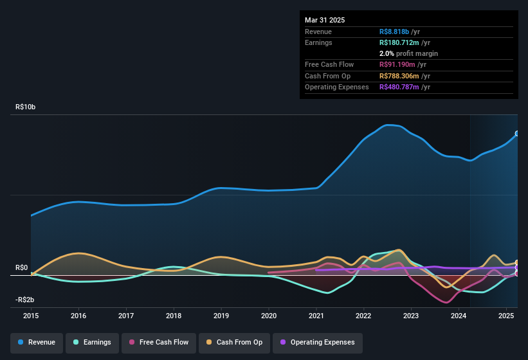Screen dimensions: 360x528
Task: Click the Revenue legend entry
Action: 37,342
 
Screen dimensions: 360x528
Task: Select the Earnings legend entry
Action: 93,342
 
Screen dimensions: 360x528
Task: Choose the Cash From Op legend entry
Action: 234,342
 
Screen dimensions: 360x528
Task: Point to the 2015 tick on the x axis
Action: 31,316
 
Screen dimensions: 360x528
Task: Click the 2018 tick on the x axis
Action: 174,316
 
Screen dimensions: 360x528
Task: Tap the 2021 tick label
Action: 316,316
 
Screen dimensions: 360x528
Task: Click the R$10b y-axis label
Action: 26,107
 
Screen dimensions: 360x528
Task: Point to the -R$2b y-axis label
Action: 26,300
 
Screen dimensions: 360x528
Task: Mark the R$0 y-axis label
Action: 22,267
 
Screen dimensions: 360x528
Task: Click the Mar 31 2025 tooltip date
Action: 325,20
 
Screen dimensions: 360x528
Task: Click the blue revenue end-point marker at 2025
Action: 517,134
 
